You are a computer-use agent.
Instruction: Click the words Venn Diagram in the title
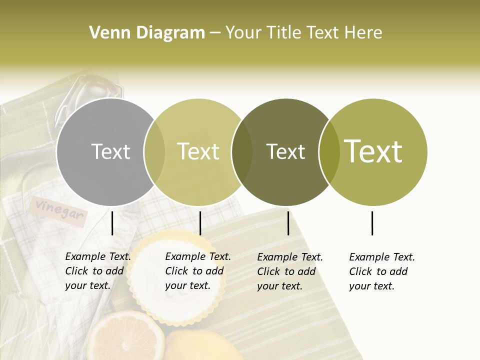[x=147, y=33]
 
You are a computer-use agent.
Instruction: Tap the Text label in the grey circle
[x=110, y=152]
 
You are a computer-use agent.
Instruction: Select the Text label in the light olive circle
[x=198, y=152]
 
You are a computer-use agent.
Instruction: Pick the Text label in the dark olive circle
[x=285, y=152]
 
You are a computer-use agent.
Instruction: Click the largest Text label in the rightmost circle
[x=373, y=151]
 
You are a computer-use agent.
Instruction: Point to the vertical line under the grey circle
[x=112, y=223]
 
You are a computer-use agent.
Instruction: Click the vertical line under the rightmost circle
[x=372, y=223]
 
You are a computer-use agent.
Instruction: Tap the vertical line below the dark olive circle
[x=288, y=223]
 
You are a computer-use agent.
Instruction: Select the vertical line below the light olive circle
[x=200, y=223]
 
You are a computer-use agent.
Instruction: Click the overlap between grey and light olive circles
[x=154, y=152]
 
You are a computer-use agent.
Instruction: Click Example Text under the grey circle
[x=98, y=257]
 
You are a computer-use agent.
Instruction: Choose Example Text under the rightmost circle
[x=382, y=257]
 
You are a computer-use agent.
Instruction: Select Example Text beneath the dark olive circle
[x=290, y=257]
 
